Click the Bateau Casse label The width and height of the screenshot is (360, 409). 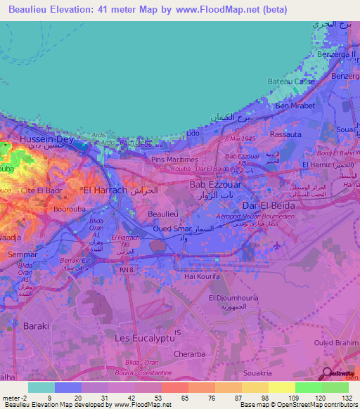[290, 82]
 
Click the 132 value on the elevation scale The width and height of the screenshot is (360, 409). [347, 397]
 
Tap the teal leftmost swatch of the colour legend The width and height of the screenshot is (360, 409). [41, 387]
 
